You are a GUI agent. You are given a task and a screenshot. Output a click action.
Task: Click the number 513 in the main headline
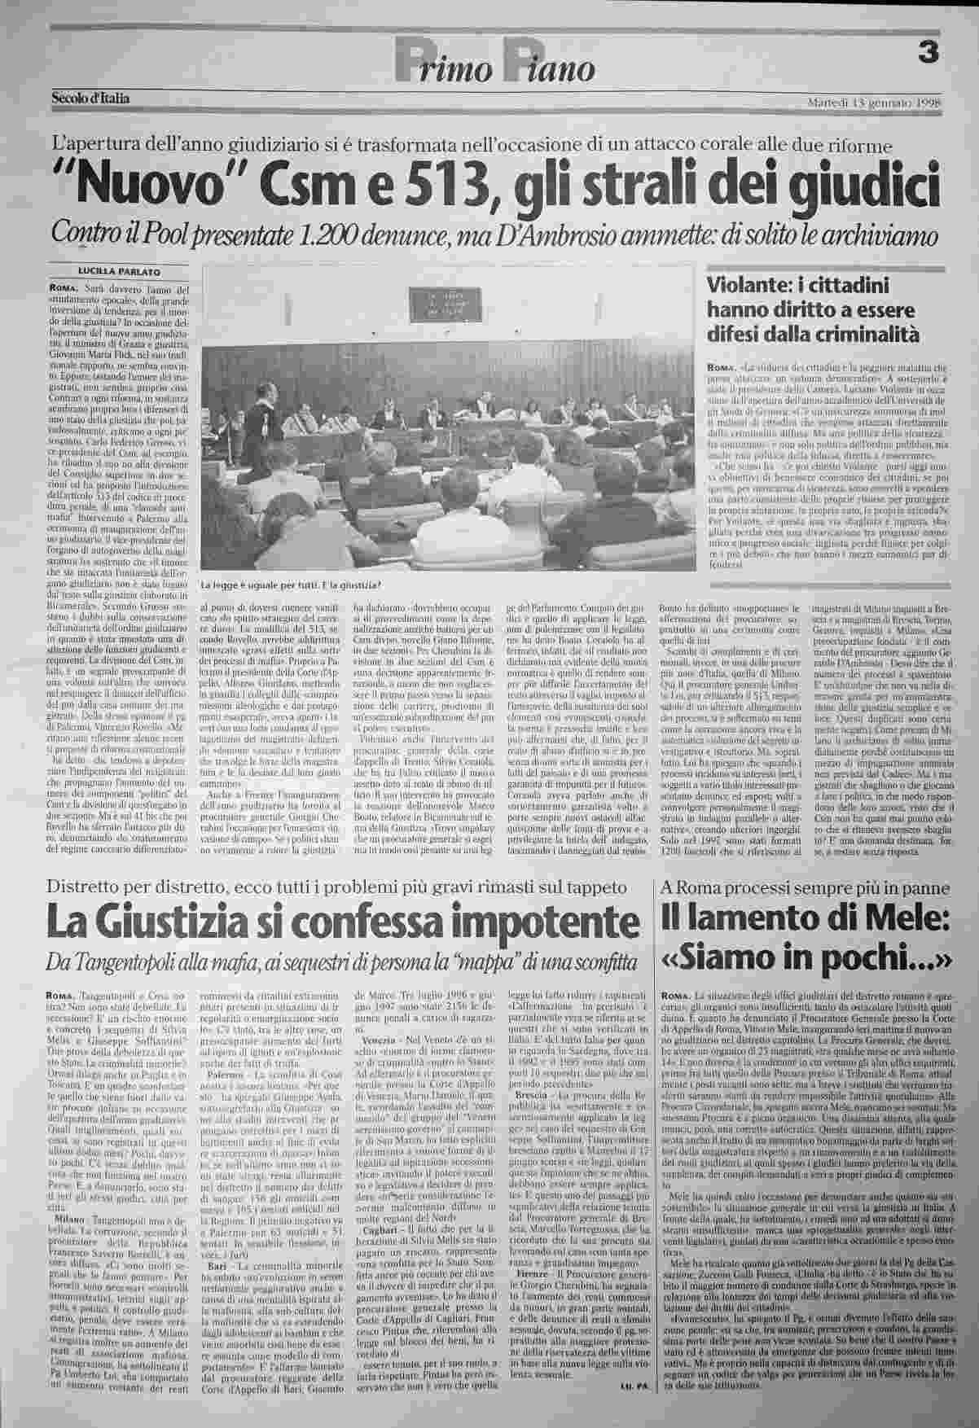pyautogui.click(x=411, y=186)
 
